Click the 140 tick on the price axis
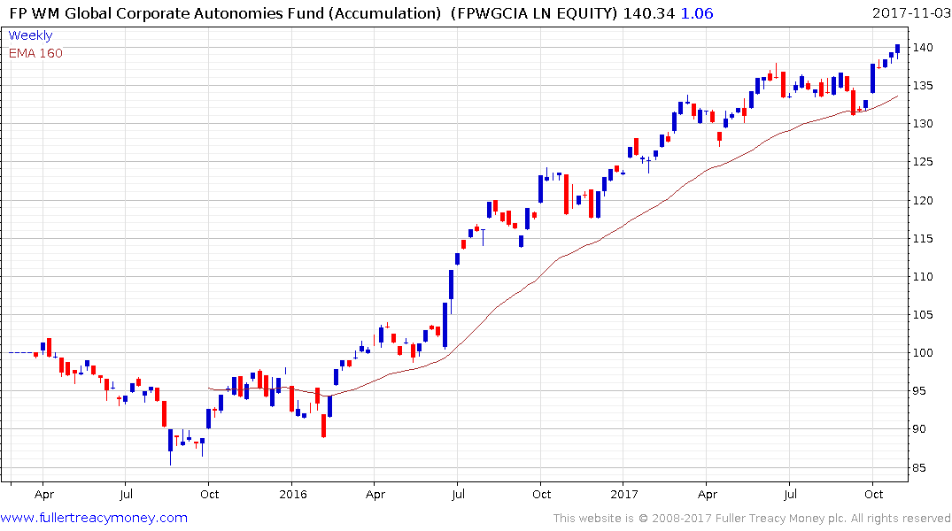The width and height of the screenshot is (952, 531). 925,47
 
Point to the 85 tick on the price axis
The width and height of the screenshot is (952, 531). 925,467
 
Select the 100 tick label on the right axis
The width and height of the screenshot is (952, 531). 925,353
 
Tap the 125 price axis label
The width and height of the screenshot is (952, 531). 925,162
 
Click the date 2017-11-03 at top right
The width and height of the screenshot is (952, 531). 909,13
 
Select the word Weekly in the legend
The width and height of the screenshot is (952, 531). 30,35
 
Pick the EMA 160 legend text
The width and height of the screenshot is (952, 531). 35,53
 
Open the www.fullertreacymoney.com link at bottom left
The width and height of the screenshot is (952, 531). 95,518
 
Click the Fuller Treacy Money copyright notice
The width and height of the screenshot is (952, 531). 752,518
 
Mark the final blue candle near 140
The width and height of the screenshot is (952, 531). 897,50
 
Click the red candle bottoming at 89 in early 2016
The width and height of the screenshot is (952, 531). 323,425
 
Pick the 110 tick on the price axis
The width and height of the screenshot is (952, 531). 925,276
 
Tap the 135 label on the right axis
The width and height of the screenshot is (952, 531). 925,85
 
